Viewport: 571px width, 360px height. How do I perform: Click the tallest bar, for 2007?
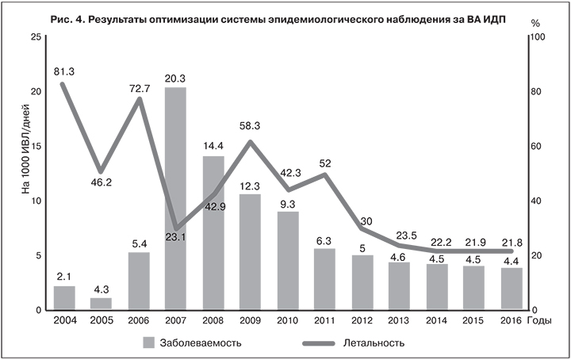tap(175, 198)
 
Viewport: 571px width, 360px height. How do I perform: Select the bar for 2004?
tap(64, 297)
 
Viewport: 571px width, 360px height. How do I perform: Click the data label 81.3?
tap(64, 71)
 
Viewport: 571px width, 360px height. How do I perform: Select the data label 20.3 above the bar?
tap(175, 77)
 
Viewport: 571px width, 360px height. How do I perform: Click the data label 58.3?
tap(250, 126)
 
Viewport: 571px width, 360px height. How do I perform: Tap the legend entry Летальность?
tap(374, 343)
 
